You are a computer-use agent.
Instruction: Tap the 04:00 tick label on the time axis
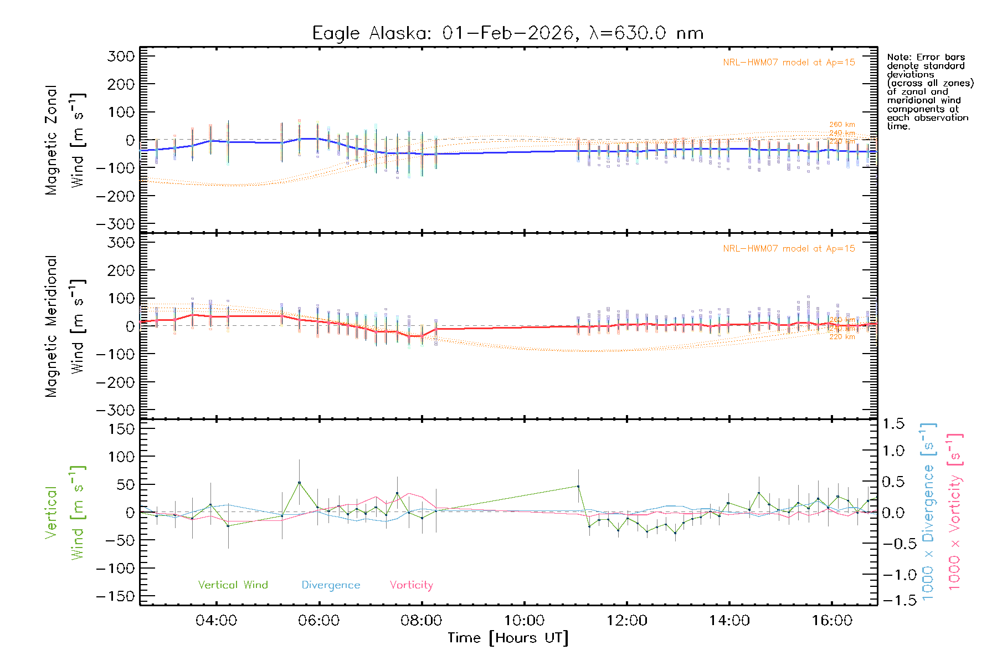216,621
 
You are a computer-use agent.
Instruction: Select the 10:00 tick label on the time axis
524,621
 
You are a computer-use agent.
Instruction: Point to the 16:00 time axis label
832,621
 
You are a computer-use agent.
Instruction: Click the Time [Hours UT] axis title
508,638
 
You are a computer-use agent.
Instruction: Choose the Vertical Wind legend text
233,585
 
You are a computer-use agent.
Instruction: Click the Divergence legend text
331,585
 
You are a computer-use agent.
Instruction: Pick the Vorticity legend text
411,585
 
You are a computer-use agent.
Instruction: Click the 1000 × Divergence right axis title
928,511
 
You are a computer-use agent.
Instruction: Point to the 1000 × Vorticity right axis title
955,511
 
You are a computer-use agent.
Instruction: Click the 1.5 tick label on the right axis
893,424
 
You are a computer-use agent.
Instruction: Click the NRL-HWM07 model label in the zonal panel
789,63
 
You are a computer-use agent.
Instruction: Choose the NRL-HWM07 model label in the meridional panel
789,249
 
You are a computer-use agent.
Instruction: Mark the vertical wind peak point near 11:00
578,487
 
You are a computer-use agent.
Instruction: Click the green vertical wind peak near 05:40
300,483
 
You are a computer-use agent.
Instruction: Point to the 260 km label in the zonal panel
842,125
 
